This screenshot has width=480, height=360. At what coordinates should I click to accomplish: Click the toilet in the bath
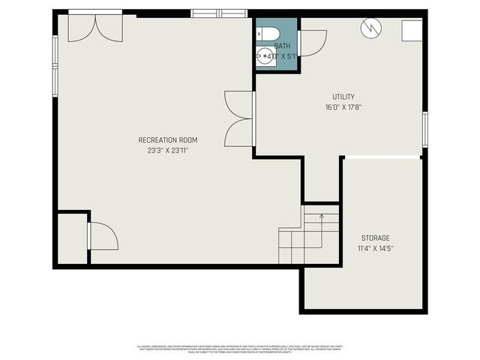pos(269,33)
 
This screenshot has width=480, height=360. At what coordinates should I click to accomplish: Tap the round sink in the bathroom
pos(265,55)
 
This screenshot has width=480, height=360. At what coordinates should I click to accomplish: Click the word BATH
pos(281,46)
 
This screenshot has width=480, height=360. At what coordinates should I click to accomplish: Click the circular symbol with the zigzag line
pos(370,28)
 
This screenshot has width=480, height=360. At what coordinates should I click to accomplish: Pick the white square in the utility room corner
pos(411,31)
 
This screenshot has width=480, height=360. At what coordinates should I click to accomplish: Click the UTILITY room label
pos(343,97)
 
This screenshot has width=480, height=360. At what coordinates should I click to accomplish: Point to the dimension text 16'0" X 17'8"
pos(343,107)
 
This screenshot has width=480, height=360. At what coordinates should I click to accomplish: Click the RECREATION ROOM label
pos(168,140)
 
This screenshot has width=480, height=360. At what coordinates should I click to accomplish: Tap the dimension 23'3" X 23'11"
pos(168,151)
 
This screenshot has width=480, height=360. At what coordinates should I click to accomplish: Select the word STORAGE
pos(375,238)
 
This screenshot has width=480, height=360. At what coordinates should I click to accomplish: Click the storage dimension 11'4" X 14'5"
pos(375,248)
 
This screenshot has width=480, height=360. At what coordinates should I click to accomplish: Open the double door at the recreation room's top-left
pos(95,26)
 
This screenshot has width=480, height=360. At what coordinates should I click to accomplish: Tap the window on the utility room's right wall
pos(424,128)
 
